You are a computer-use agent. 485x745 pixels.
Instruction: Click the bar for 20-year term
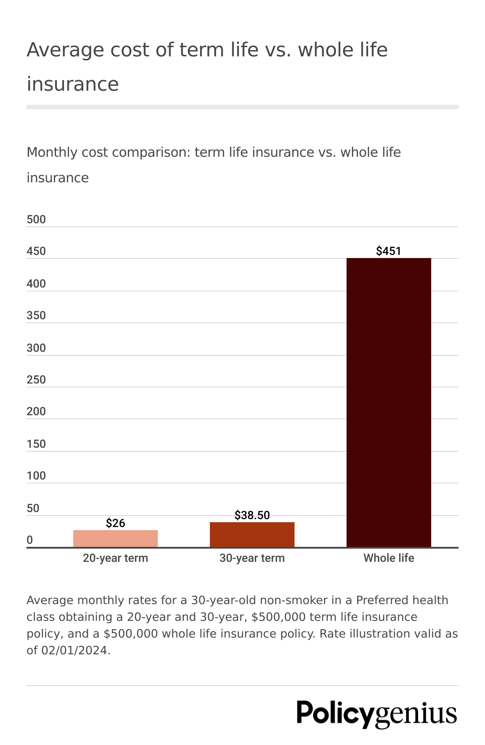click(x=115, y=538)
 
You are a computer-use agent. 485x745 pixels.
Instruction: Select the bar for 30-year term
click(x=252, y=535)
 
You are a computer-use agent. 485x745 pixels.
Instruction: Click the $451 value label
click(x=388, y=251)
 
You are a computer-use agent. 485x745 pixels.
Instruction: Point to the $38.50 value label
click(x=252, y=515)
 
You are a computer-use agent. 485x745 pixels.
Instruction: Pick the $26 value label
click(x=116, y=523)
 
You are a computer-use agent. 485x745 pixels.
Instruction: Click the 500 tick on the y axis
click(x=36, y=219)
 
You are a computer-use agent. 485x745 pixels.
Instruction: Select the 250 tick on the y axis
click(x=36, y=380)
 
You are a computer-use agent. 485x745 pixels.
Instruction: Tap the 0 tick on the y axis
click(x=30, y=540)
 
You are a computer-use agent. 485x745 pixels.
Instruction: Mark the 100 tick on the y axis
click(x=36, y=476)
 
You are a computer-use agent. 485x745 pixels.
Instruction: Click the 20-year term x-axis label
click(x=115, y=558)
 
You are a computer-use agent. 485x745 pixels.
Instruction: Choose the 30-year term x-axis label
click(x=252, y=558)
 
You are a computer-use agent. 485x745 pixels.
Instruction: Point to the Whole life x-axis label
click(x=388, y=558)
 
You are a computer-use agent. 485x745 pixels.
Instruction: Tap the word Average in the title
click(x=65, y=50)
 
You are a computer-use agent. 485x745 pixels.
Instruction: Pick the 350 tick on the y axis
click(x=36, y=315)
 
